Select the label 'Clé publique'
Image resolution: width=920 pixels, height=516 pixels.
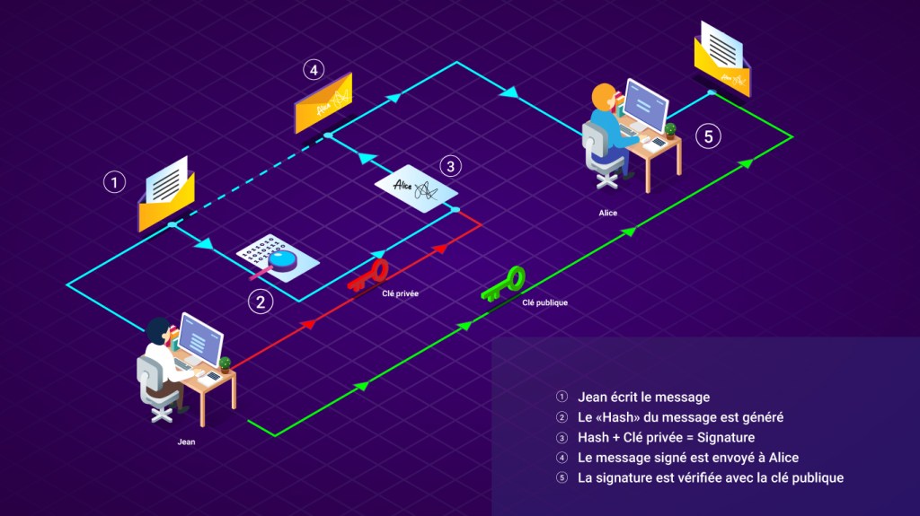544,302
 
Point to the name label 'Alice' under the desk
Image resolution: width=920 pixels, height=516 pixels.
609,213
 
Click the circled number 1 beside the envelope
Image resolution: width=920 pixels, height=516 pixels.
114,182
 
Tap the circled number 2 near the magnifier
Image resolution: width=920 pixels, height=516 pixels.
261,302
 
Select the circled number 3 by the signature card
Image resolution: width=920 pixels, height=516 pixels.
451,166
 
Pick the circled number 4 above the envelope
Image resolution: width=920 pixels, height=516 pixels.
313,70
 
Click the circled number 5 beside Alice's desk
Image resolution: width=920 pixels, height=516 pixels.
709,136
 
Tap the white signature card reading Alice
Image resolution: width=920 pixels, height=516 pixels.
416,187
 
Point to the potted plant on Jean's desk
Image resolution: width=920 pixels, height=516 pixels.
224,363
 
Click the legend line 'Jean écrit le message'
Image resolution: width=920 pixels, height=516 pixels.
643,397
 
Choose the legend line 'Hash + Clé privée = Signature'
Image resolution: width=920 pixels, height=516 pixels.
666,437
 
